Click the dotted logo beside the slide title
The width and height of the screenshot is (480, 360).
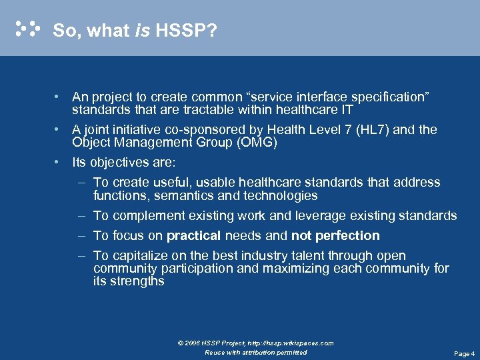(x=27, y=29)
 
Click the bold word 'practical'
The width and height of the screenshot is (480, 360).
(x=194, y=235)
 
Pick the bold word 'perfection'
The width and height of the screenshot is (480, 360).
(x=347, y=235)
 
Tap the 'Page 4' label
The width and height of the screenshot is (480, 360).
(x=464, y=353)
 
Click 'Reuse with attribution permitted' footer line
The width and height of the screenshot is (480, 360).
(x=256, y=353)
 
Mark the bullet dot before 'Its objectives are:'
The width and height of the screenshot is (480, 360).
(x=59, y=162)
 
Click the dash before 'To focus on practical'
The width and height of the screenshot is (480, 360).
(x=81, y=235)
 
